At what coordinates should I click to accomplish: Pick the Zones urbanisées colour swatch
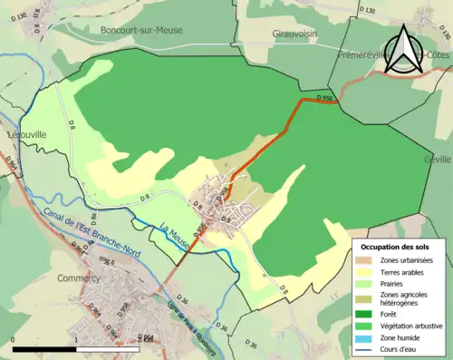(x=368, y=261)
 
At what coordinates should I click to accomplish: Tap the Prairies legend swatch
(x=368, y=282)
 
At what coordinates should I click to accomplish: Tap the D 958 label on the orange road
(x=327, y=98)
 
